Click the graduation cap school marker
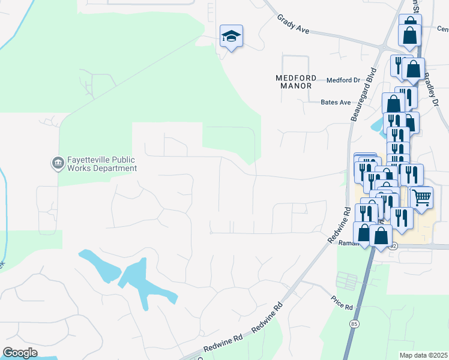[x=231, y=37]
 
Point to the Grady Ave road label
[x=293, y=25]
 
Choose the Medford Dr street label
[x=343, y=80]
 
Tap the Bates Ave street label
[x=336, y=103]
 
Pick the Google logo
[x=20, y=352]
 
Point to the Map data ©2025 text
[x=423, y=355]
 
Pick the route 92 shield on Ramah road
[x=393, y=246]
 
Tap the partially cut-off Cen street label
[x=442, y=29]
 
